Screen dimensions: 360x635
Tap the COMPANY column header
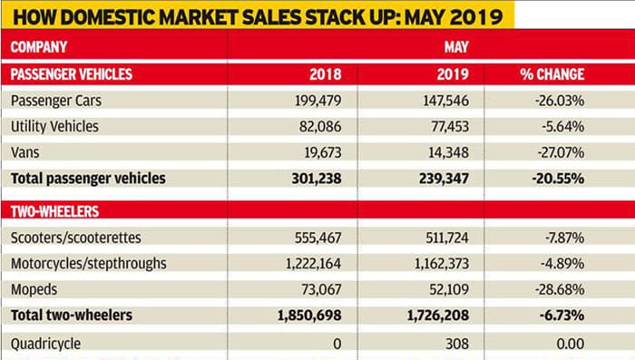[x=41, y=45]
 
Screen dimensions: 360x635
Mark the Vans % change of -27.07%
[x=556, y=151]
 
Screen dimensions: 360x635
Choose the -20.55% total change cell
[x=555, y=178]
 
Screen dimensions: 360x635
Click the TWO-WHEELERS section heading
[x=55, y=211]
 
